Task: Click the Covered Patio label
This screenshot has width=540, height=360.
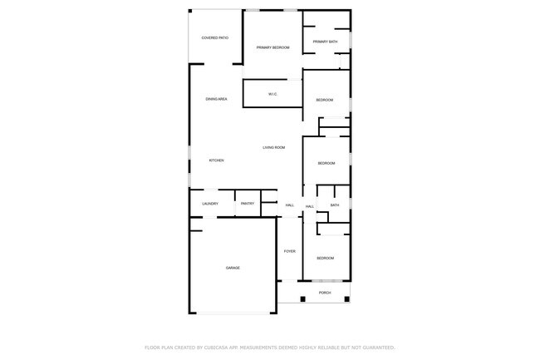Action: (x=215, y=38)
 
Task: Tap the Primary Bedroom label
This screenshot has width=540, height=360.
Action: (x=272, y=47)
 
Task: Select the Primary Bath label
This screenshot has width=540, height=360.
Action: (x=325, y=42)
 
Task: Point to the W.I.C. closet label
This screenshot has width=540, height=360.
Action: (x=272, y=94)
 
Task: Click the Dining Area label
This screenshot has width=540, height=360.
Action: (x=216, y=99)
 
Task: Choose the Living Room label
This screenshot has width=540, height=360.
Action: (x=274, y=147)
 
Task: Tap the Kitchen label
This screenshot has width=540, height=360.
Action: (x=216, y=160)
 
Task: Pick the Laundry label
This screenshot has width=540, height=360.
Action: (x=209, y=204)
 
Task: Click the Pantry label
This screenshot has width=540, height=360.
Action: (x=247, y=204)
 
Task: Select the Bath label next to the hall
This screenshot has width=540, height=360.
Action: (x=335, y=205)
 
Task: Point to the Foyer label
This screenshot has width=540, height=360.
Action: (x=289, y=251)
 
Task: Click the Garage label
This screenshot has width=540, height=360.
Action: (x=233, y=268)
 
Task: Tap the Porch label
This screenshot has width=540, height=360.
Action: (x=325, y=293)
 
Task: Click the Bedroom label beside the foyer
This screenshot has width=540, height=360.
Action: (x=325, y=259)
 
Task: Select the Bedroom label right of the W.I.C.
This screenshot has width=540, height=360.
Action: (x=325, y=100)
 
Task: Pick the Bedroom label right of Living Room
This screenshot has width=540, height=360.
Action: (x=326, y=163)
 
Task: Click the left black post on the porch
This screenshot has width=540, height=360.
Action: (x=302, y=298)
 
